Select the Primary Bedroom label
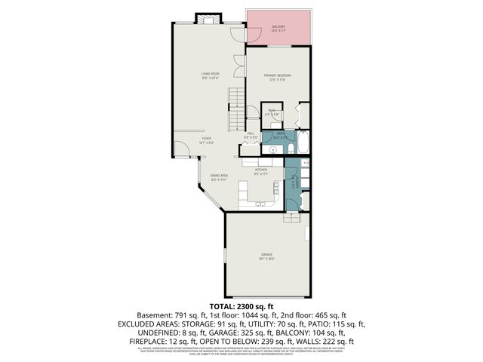(277, 77)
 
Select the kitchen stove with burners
(269, 161)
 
